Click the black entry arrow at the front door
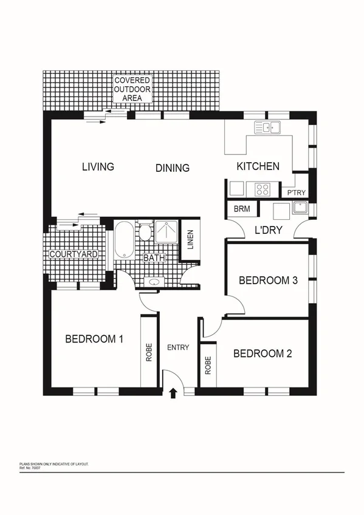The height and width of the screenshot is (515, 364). tap(173, 393)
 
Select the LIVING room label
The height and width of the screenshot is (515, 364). tap(98, 166)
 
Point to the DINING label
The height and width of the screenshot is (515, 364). tap(172, 168)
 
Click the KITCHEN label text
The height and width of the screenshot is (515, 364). tap(258, 166)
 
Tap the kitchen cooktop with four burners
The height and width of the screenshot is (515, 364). tap(263, 189)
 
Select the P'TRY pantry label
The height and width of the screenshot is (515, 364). tap(297, 193)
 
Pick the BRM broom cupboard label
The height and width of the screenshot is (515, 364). tap(238, 208)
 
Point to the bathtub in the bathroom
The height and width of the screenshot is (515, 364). tap(125, 240)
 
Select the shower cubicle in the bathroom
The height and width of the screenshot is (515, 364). tap(167, 231)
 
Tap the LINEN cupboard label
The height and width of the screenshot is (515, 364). tap(190, 239)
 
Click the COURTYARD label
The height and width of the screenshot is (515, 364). tap(74, 254)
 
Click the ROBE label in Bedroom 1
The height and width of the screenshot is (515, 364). tap(149, 353)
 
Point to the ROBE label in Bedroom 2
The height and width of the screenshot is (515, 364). tap(208, 364)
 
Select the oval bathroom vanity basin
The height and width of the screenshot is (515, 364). tap(155, 281)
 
